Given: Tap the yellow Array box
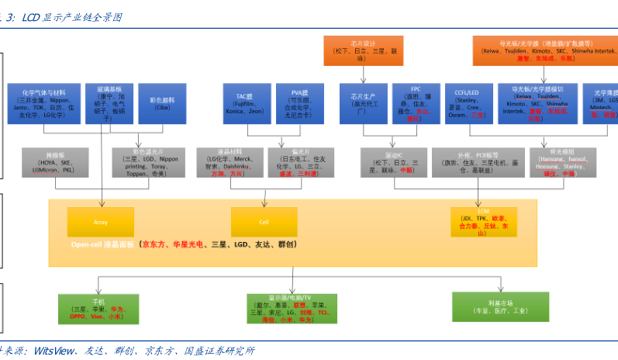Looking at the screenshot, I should coord(100,222).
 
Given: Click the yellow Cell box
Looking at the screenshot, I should coord(264,222).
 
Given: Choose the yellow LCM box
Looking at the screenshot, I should coord(482,221).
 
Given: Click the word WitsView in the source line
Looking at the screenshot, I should coord(54,351).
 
